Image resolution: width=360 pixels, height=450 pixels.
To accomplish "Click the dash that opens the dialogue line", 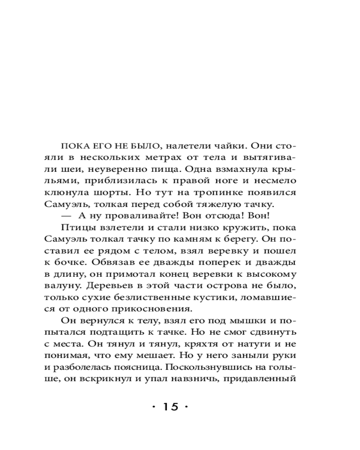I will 63,216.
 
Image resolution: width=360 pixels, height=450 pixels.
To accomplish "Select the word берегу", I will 233,239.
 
